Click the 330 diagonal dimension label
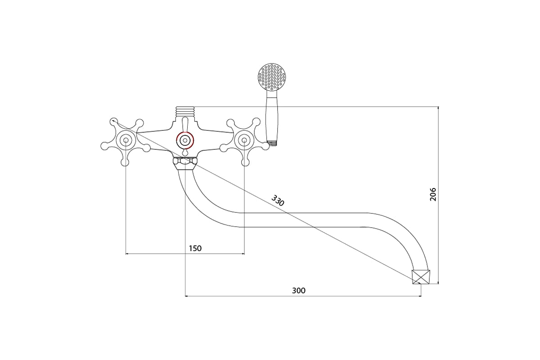[x=278, y=201]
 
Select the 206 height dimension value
[x=433, y=194]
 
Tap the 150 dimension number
[x=195, y=248]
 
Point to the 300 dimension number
[x=299, y=291]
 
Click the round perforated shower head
[x=272, y=77]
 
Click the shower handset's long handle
[x=272, y=116]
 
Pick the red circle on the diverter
[x=185, y=140]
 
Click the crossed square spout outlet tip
[x=421, y=277]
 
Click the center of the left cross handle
[x=126, y=140]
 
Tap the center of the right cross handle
[x=244, y=140]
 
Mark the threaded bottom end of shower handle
[x=272, y=144]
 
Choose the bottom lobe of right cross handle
[x=245, y=162]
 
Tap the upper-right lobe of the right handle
[x=256, y=122]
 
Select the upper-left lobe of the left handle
[x=114, y=122]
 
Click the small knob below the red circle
[x=185, y=153]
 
